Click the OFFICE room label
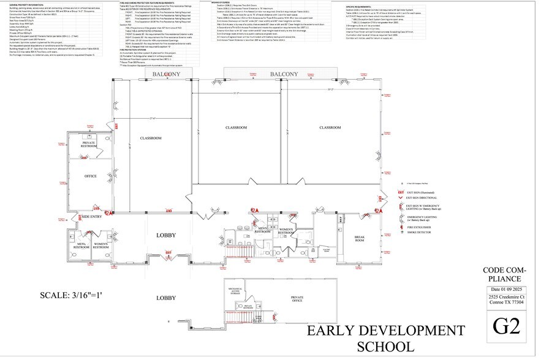(91, 176)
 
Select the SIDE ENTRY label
(91, 217)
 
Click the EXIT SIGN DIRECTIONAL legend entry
(423, 198)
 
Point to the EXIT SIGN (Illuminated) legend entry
(423, 191)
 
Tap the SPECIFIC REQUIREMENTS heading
(359, 7)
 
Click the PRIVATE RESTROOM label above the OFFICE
(91, 144)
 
